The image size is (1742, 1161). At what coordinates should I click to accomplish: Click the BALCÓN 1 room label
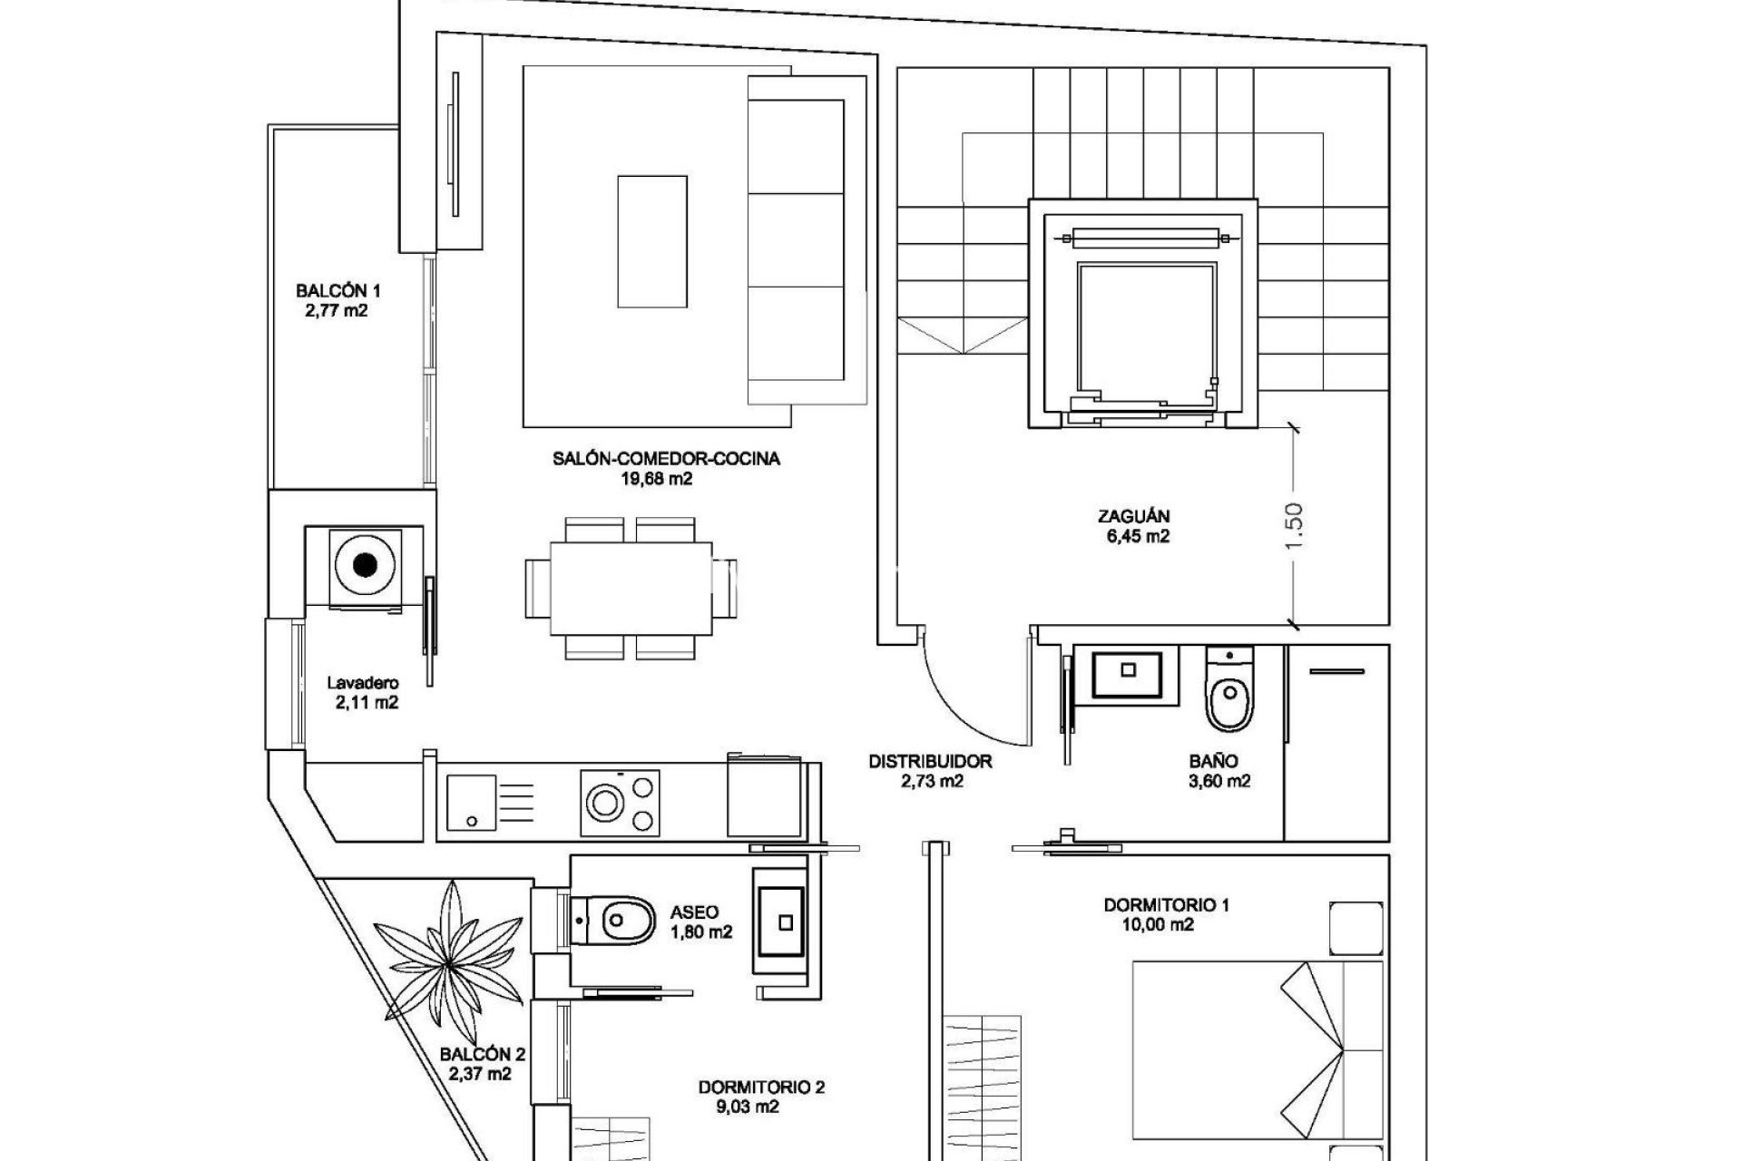pyautogui.click(x=338, y=291)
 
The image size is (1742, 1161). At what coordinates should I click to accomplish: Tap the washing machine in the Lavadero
pyautogui.click(x=365, y=566)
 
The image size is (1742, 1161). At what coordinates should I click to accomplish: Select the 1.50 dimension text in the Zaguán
pyautogui.click(x=1295, y=524)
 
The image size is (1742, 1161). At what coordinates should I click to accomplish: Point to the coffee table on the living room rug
pyautogui.click(x=652, y=241)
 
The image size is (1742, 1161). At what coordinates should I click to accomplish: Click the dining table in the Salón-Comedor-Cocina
pyautogui.click(x=631, y=588)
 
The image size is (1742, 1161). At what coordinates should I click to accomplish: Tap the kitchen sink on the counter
pyautogui.click(x=472, y=802)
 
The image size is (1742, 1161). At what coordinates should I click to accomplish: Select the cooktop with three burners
pyautogui.click(x=621, y=801)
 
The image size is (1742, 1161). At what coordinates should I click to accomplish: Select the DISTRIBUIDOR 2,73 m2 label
pyautogui.click(x=930, y=771)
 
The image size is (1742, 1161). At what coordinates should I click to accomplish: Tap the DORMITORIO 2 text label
pyautogui.click(x=761, y=1087)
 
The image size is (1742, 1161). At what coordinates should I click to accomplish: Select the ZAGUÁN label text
pyautogui.click(x=1133, y=516)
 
